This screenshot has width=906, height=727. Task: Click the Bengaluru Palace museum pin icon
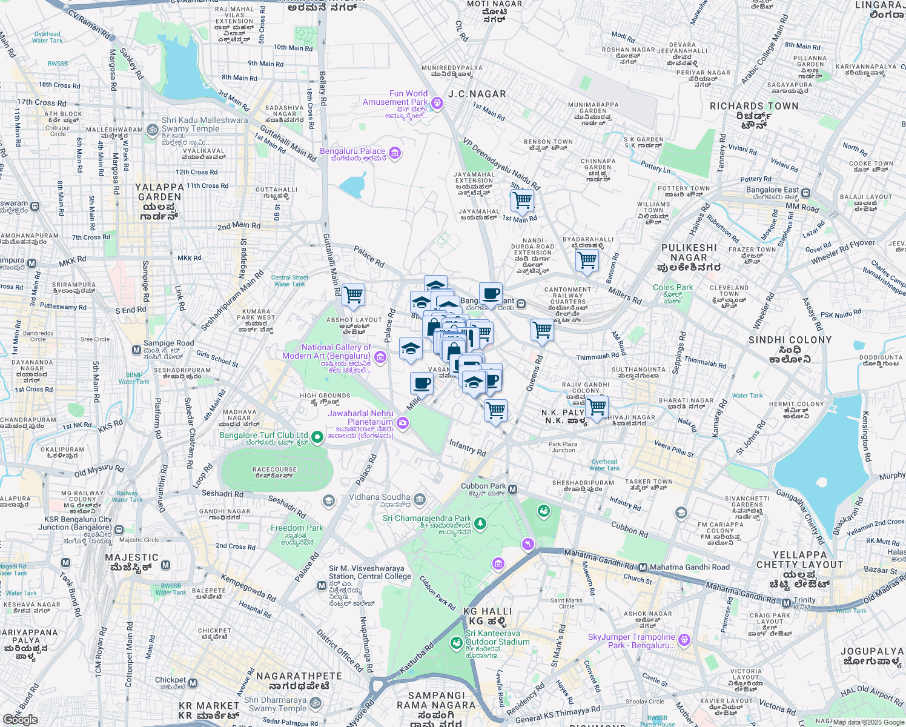click(x=395, y=153)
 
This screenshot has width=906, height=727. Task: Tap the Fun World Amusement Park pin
click(x=437, y=103)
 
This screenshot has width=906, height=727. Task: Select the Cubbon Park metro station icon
click(x=513, y=489)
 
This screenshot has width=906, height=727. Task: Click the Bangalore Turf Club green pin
click(x=317, y=437)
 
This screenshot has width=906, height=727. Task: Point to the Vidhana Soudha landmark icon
click(x=420, y=500)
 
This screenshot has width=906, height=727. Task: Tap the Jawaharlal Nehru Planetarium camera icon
click(x=403, y=422)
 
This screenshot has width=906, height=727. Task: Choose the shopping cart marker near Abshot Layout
click(x=353, y=296)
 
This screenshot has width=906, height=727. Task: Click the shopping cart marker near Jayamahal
click(x=521, y=199)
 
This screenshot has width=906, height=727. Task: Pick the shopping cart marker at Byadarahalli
click(x=587, y=261)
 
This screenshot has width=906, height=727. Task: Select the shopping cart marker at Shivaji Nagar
click(x=597, y=406)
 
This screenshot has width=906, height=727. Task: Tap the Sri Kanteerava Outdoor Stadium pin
click(x=456, y=643)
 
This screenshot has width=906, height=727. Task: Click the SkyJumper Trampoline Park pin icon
click(x=684, y=639)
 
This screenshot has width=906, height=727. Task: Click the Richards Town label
click(x=754, y=107)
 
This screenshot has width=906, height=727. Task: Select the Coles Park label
click(x=673, y=288)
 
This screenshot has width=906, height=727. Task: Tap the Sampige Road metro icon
click(x=137, y=350)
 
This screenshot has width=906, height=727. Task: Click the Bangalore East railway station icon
click(x=806, y=193)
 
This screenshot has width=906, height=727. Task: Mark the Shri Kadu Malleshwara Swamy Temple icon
click(x=153, y=128)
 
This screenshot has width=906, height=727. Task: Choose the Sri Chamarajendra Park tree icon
click(x=480, y=523)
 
